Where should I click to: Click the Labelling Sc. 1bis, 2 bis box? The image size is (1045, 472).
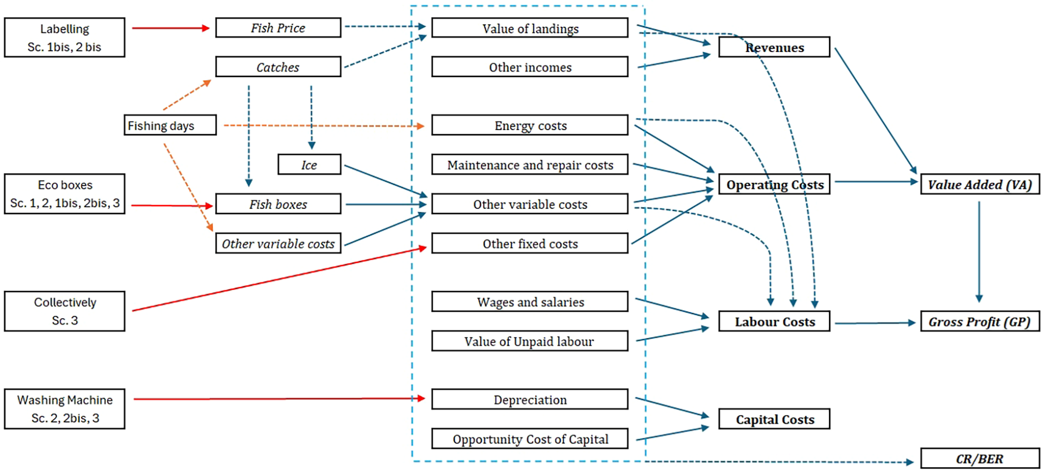[x=64, y=38]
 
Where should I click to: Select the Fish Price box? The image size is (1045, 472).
[x=278, y=28]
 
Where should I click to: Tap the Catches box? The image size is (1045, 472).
[x=278, y=67]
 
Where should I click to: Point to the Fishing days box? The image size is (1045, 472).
[x=170, y=125]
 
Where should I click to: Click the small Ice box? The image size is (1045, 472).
[x=309, y=165]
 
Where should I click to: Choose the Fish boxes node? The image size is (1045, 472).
[x=278, y=204]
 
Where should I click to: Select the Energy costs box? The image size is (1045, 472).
[x=530, y=125]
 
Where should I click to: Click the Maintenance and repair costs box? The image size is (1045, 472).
[x=530, y=165]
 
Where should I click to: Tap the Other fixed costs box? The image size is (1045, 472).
[x=530, y=244]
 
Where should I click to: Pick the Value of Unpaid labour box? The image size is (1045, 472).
[x=530, y=341]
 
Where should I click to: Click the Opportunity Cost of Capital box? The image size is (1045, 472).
[x=530, y=439]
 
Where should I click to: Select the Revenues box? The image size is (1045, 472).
[x=774, y=48]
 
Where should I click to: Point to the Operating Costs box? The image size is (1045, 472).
[x=774, y=184]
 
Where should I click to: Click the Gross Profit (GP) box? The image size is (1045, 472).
[x=980, y=322]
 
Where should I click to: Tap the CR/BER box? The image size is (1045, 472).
[x=980, y=459]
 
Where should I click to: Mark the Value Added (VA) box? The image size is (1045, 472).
[x=980, y=184]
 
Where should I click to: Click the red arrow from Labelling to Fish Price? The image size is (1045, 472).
[x=170, y=28]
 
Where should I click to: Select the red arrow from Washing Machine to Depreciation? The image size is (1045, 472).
[x=279, y=399]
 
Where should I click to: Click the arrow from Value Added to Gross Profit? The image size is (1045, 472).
[x=979, y=252]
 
